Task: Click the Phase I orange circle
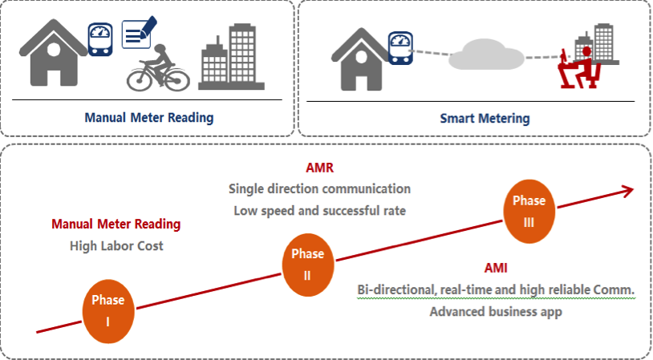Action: pos(107,309)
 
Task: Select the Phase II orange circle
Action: pos(307,264)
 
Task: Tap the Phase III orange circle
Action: pos(529,211)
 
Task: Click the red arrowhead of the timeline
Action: pos(626,190)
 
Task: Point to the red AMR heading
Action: pos(319,168)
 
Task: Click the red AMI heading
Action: pos(495,269)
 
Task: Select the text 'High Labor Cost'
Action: pos(116,245)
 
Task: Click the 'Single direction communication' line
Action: pos(319,189)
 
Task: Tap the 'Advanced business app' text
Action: pos(495,311)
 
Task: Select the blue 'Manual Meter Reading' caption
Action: pos(149,117)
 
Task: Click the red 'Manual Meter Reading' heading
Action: pos(116,224)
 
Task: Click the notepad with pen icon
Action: pos(137,33)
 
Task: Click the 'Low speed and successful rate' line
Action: pos(319,211)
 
